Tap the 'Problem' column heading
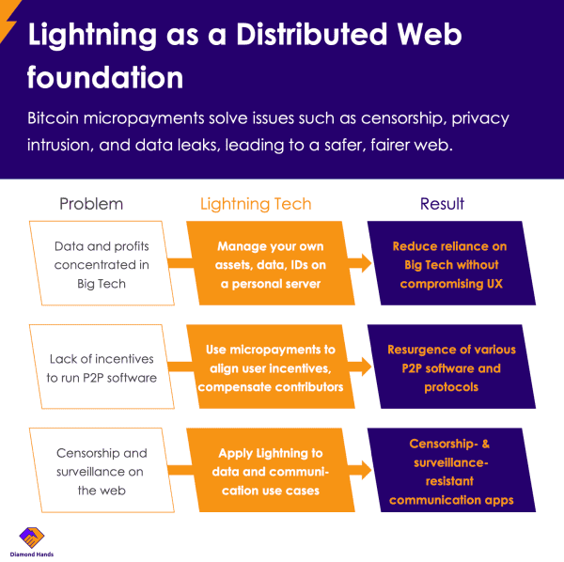tap(91, 203)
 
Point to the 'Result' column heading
tap(441, 203)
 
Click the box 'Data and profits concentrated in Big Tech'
tap(102, 263)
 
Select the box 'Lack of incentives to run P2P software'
tap(102, 367)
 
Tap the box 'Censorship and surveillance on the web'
tap(102, 469)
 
